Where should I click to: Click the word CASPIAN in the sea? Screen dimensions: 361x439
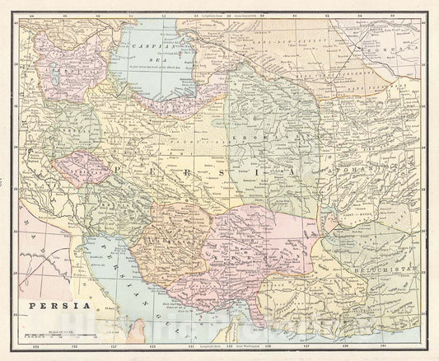[x=153, y=49]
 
